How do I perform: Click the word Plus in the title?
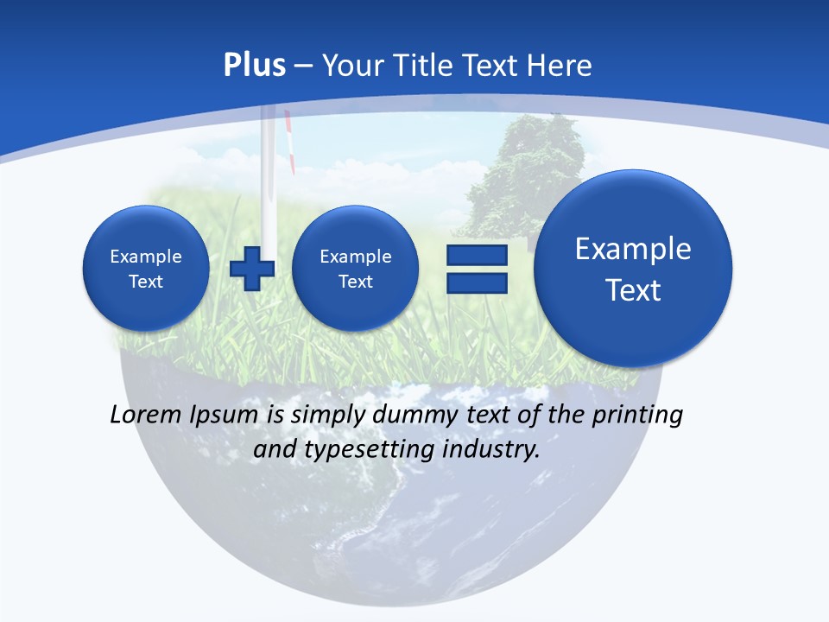click(x=255, y=66)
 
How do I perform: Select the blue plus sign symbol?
click(x=252, y=268)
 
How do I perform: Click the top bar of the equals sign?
click(x=476, y=256)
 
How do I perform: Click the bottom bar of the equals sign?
click(x=476, y=285)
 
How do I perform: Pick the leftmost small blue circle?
click(x=146, y=268)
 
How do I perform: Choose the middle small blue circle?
click(x=356, y=268)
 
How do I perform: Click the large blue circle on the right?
click(x=633, y=268)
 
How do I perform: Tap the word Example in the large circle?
click(x=633, y=249)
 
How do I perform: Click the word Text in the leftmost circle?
click(x=146, y=282)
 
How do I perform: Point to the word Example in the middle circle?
click(x=356, y=257)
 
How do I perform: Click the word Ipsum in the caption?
click(x=225, y=416)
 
